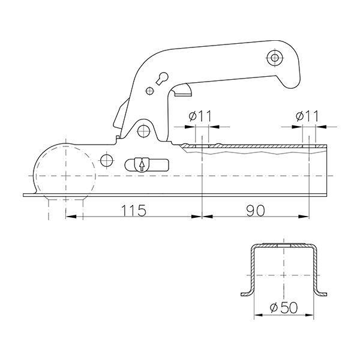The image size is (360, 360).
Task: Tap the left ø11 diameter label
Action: click(x=199, y=116)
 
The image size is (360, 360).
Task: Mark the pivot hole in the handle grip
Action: click(x=275, y=58)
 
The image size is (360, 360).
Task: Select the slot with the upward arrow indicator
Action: click(x=140, y=164)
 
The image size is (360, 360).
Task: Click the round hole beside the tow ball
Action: click(x=107, y=160)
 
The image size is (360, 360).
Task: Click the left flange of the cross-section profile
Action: click(x=247, y=292)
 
